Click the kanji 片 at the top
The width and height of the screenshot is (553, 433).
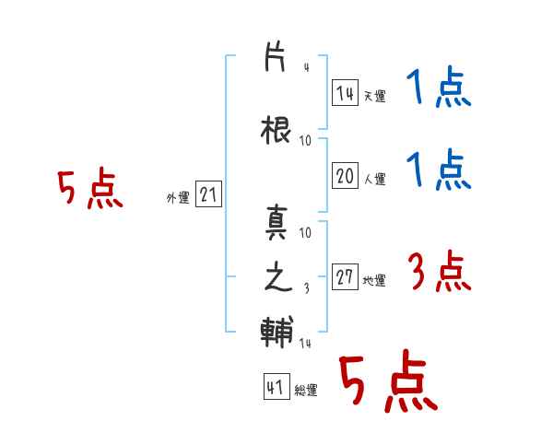click(x=275, y=56)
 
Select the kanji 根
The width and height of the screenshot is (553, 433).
click(x=276, y=130)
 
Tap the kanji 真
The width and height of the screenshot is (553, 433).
click(x=276, y=222)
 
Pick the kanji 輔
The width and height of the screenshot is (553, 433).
click(x=276, y=332)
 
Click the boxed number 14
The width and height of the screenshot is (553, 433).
click(x=345, y=93)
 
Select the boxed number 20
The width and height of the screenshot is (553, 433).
click(x=345, y=175)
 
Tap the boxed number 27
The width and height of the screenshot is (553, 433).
click(x=345, y=276)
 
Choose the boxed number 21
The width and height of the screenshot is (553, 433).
click(x=208, y=194)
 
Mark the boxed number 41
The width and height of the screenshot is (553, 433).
click(x=276, y=386)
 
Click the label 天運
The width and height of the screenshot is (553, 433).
click(x=374, y=96)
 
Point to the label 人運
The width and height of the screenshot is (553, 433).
click(x=374, y=179)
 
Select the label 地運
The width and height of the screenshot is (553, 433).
click(x=374, y=281)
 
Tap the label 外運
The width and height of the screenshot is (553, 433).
click(x=178, y=198)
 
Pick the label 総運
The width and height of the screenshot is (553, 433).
click(x=306, y=391)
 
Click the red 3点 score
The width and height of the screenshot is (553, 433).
click(x=440, y=271)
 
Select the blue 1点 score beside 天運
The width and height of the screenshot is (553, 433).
click(x=439, y=87)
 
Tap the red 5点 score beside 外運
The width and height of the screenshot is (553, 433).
click(x=90, y=188)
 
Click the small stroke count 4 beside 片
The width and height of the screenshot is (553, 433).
click(x=307, y=67)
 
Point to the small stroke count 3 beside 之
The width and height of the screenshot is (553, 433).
click(x=307, y=288)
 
